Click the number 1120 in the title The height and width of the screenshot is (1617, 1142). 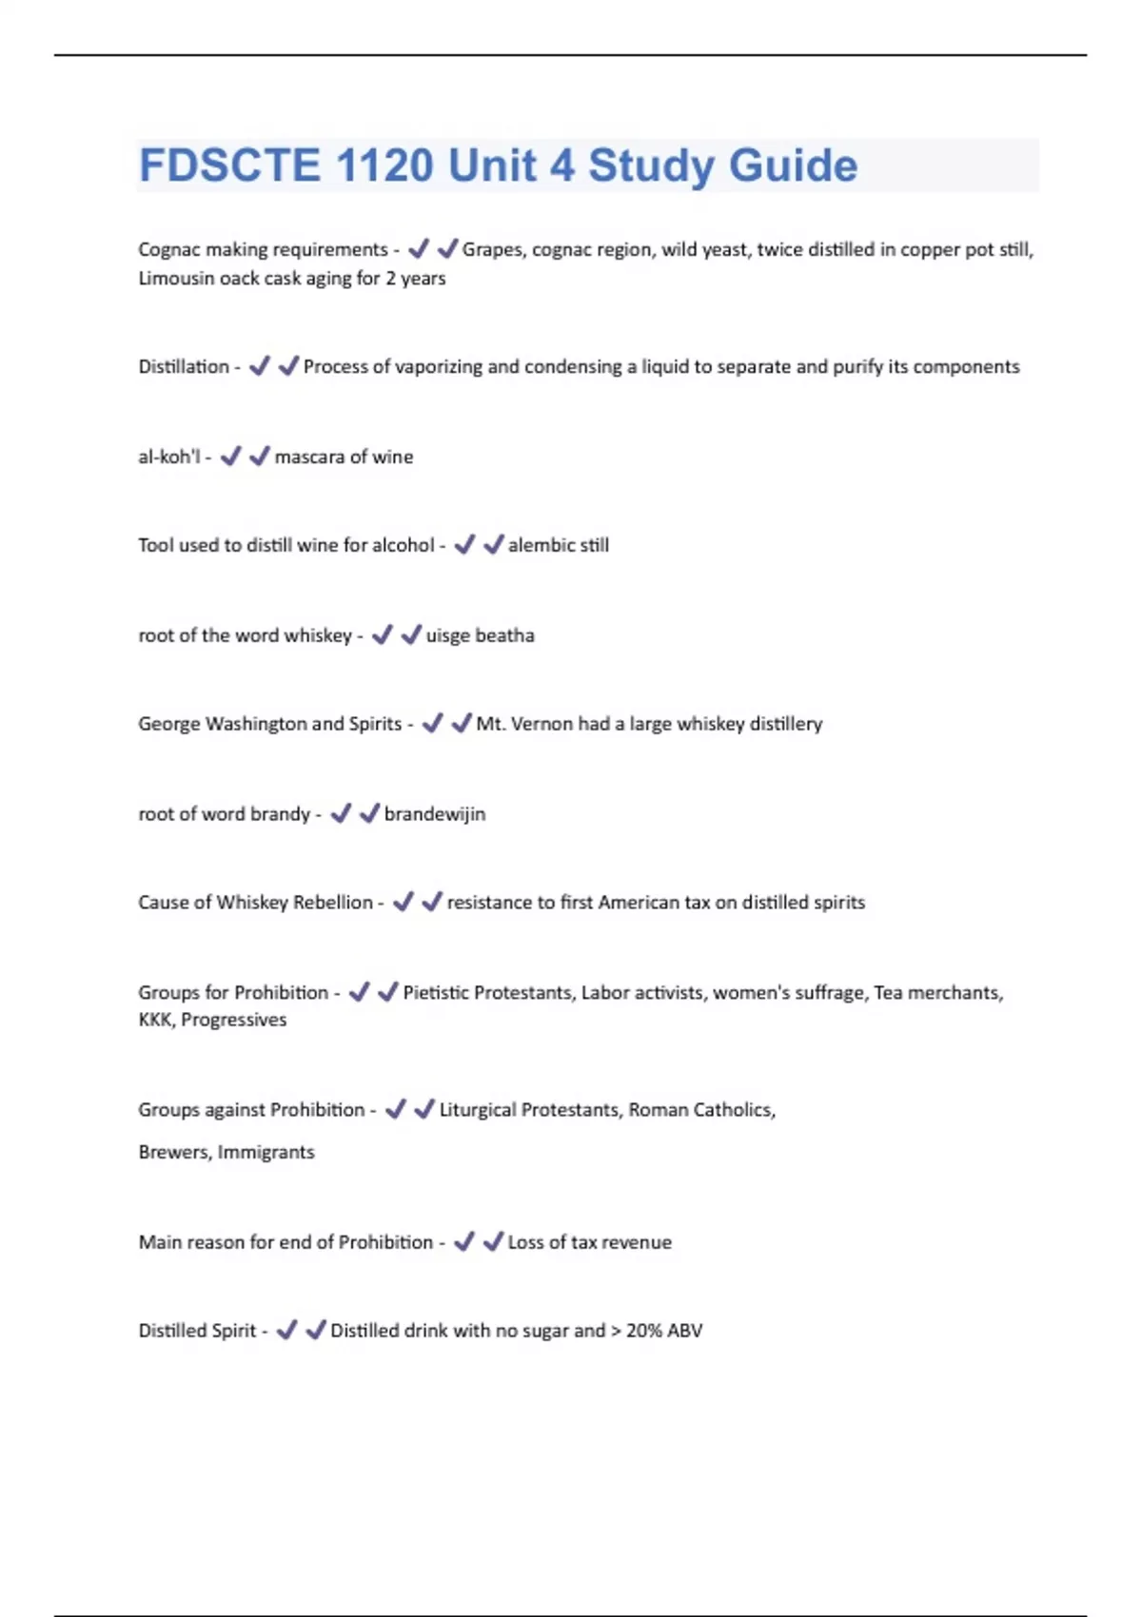[x=384, y=166]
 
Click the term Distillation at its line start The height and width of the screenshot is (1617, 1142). [x=184, y=366]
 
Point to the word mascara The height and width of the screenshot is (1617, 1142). [x=308, y=457]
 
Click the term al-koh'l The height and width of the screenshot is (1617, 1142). [x=169, y=457]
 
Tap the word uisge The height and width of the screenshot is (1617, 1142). [x=447, y=635]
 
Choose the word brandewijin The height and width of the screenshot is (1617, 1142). [x=435, y=814]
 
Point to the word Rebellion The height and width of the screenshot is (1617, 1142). [x=332, y=902]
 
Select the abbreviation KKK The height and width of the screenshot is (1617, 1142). [x=154, y=1020]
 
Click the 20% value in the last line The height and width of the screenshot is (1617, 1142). [x=644, y=1331]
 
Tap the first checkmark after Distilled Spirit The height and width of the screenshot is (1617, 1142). [x=286, y=1330]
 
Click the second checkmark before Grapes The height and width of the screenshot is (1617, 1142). [x=447, y=249]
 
